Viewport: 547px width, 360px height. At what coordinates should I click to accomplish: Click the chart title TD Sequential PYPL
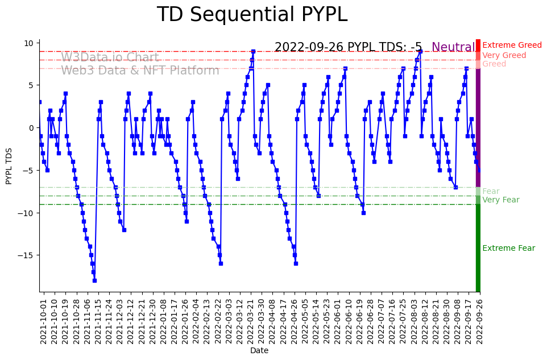coord(252,15)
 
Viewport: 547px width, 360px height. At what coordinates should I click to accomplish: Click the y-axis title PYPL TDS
coord(9,165)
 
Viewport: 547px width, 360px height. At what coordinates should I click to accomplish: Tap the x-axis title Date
coord(259,351)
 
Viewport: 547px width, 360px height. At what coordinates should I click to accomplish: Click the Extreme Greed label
coord(512,45)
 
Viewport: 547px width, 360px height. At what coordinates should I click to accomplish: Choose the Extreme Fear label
coord(508,249)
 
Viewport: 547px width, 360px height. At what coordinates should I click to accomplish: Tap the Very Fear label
coord(500,200)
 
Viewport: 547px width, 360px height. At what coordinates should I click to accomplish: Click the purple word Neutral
coord(453,47)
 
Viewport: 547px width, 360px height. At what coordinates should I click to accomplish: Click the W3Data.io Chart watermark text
coord(110,57)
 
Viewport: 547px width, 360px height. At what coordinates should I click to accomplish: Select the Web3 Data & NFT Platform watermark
coord(140,71)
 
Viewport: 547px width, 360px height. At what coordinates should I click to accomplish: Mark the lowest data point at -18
coord(94,280)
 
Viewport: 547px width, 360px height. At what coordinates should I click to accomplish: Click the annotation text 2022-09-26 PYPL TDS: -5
coord(348,47)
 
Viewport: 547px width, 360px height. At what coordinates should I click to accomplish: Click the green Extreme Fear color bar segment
coord(478,249)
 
